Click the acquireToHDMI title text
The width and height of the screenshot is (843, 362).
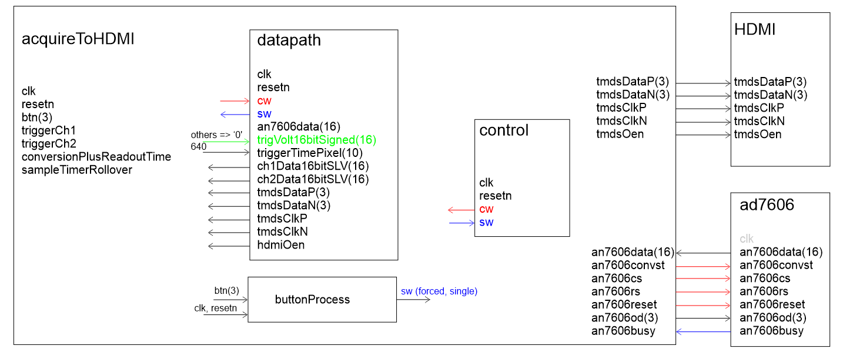(x=78, y=39)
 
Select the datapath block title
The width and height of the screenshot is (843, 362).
(x=289, y=41)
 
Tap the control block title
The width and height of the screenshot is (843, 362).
(x=504, y=130)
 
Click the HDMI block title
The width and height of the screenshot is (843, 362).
(x=755, y=29)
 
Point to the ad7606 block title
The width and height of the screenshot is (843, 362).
(x=767, y=205)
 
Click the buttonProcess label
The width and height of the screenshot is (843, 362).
(x=312, y=300)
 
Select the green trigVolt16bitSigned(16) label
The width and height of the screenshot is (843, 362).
(x=316, y=140)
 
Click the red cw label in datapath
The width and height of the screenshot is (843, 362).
(x=264, y=101)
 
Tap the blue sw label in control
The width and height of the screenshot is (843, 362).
(x=486, y=222)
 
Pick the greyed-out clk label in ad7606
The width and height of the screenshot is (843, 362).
(x=747, y=239)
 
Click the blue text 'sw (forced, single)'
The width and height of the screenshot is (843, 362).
(x=439, y=291)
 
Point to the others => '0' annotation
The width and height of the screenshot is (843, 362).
(x=216, y=135)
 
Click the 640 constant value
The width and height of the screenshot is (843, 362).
(x=199, y=146)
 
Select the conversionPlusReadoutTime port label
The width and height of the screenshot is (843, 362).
(x=96, y=157)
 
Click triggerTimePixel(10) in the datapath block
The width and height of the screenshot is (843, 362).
(x=310, y=153)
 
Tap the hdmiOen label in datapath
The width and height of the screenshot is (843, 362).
(x=281, y=245)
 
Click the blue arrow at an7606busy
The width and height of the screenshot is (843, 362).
(x=703, y=331)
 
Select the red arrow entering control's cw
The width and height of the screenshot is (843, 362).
(x=461, y=210)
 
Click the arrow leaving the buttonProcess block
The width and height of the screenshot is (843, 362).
(x=413, y=300)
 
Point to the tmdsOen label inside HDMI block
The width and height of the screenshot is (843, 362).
(x=758, y=135)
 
